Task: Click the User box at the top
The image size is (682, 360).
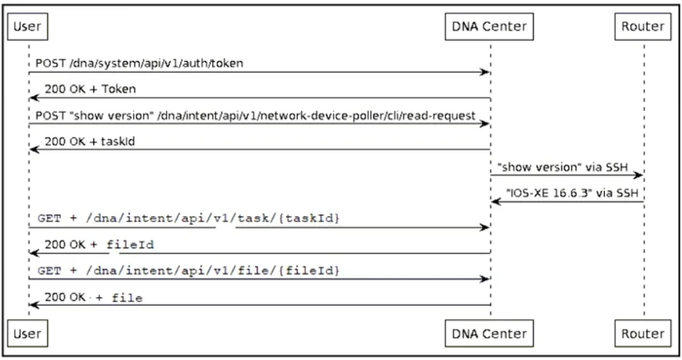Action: tap(28, 27)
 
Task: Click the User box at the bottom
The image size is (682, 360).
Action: tap(28, 333)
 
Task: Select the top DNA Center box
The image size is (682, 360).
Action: tap(489, 27)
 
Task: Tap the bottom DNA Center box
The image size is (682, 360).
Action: tap(489, 333)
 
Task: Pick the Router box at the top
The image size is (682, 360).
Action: tap(643, 27)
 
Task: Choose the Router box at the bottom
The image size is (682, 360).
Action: tap(643, 333)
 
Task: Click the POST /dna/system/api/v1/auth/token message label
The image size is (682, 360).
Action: tap(139, 63)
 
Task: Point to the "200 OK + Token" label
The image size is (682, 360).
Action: tap(90, 89)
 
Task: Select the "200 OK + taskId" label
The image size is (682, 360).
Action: tap(89, 141)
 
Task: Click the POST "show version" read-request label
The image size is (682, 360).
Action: tap(255, 116)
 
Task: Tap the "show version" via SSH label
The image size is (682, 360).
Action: tap(563, 167)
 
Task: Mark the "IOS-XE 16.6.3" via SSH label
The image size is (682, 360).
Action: tap(572, 193)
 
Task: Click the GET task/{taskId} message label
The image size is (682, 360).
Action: tap(189, 218)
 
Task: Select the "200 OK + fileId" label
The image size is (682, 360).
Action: tap(99, 244)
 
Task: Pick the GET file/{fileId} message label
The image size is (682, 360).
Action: tap(189, 270)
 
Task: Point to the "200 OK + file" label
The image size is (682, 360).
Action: tap(93, 298)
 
